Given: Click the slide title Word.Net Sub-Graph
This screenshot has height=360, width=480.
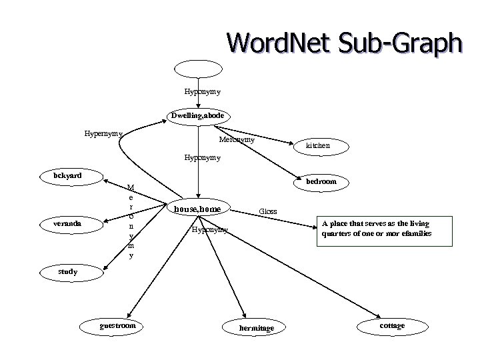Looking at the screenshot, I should click(343, 42).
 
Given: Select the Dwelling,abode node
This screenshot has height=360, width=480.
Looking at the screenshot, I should click(201, 116).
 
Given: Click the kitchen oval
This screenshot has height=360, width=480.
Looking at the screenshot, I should click(317, 145).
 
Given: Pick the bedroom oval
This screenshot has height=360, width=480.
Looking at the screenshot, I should click(322, 181).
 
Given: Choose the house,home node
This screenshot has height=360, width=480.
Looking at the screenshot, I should click(197, 209).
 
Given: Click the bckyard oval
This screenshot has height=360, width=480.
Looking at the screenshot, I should click(69, 176).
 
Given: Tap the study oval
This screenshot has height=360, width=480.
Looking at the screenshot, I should click(68, 271).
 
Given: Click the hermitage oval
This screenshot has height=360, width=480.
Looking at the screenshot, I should click(256, 327).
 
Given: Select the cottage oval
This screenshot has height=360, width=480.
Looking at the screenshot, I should click(392, 325).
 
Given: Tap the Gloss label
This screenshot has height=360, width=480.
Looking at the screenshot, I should click(268, 212).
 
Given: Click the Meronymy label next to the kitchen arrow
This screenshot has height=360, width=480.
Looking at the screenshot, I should click(237, 140).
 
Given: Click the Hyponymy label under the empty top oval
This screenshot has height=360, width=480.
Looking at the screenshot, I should click(203, 91).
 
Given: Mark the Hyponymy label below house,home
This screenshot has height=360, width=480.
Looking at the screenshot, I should click(209, 230).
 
